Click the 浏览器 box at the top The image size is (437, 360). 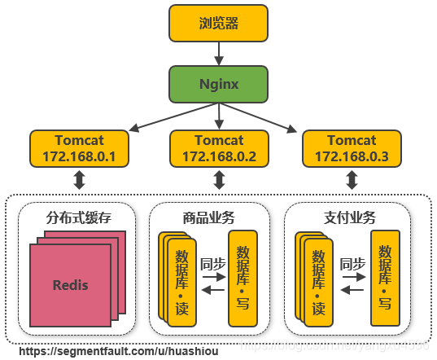tap(219, 23)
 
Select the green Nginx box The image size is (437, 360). tap(219, 84)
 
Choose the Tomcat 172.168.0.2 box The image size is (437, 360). tap(219, 148)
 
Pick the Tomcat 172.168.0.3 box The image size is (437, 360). tap(352, 148)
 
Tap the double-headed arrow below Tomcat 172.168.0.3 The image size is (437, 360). tap(352, 180)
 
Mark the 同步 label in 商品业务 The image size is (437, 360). tap(212, 263)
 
